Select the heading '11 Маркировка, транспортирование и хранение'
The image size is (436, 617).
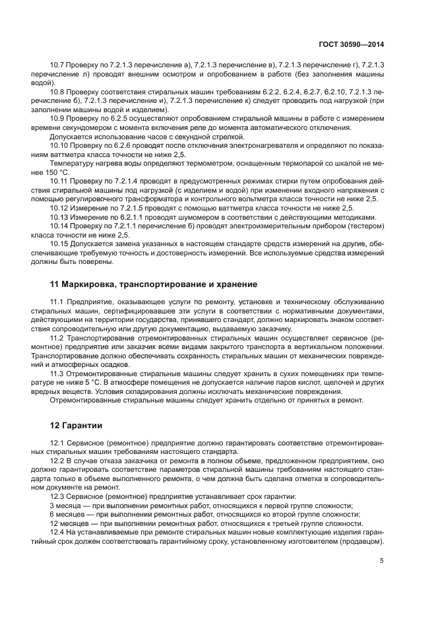click(x=153, y=284)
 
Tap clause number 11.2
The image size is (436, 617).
click(x=58, y=337)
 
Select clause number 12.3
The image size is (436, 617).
click(x=58, y=496)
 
